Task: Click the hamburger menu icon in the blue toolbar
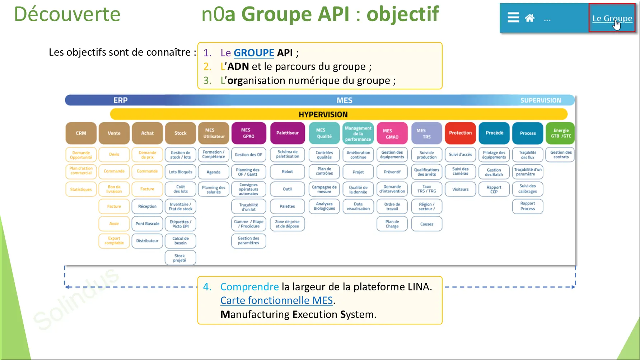(x=513, y=18)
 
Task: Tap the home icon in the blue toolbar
(x=530, y=18)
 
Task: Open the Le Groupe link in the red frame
(x=612, y=18)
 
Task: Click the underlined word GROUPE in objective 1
(x=254, y=53)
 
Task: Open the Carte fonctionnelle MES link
(x=276, y=300)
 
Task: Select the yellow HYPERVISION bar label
(x=323, y=114)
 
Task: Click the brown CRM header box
(x=81, y=133)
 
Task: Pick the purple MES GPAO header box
(x=248, y=133)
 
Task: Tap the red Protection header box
(x=460, y=133)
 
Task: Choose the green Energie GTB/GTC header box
(x=561, y=133)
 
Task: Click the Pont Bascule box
(x=147, y=224)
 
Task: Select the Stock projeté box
(x=180, y=258)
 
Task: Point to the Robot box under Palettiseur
(x=287, y=172)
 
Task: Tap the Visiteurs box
(x=460, y=189)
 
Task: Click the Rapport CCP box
(x=494, y=189)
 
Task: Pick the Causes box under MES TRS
(x=426, y=224)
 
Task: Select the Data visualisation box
(x=358, y=206)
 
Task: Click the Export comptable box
(x=114, y=241)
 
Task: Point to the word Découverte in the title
(x=67, y=14)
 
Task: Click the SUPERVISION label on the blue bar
(x=540, y=100)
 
